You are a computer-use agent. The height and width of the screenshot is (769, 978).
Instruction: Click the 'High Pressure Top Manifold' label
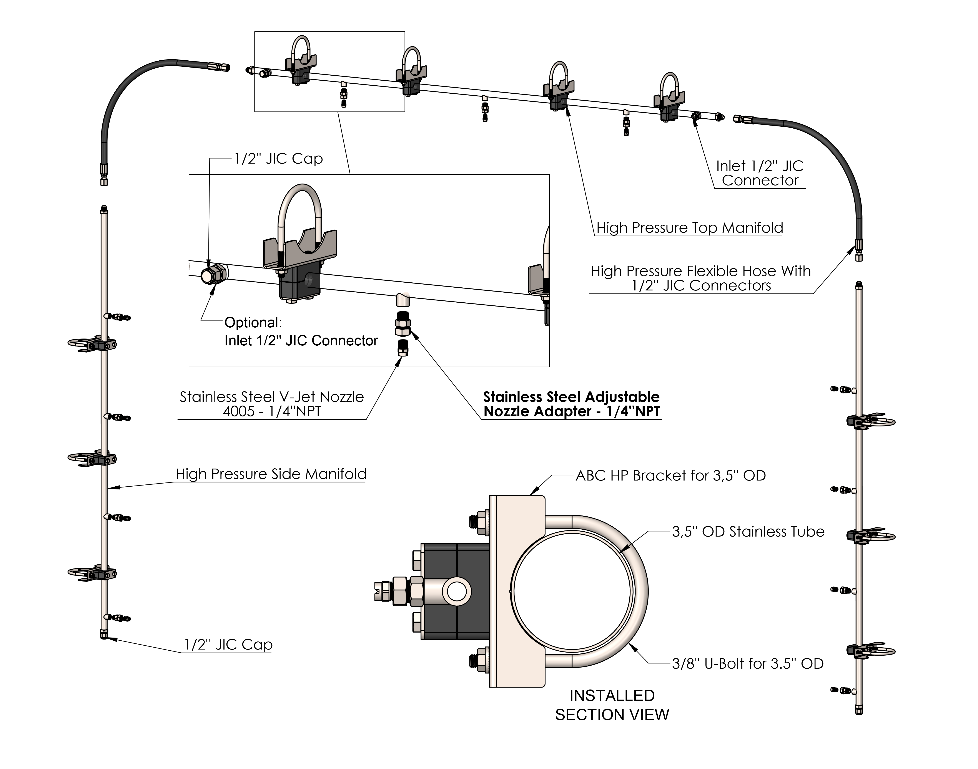(x=690, y=228)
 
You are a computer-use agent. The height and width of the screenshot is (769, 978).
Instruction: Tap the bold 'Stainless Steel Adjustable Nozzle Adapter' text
(x=571, y=404)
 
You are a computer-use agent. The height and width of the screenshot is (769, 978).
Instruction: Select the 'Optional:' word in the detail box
(x=253, y=323)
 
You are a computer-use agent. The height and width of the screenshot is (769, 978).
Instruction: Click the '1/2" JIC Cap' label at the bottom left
(x=228, y=645)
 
